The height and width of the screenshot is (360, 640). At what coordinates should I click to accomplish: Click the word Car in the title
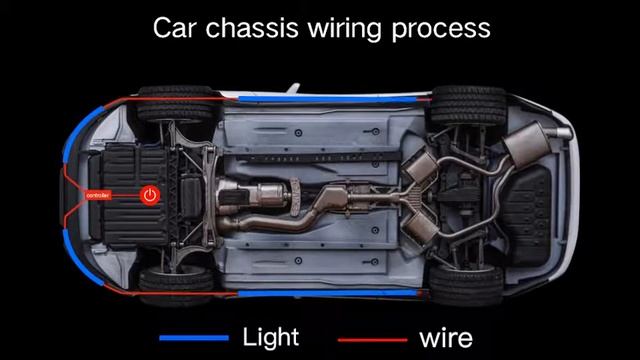(176, 27)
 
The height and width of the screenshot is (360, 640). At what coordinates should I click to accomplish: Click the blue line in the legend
(194, 338)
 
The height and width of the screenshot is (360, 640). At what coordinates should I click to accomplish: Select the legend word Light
(270, 336)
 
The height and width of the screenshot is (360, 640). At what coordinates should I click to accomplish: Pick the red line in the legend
(372, 339)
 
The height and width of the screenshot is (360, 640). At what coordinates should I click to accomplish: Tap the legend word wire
(445, 337)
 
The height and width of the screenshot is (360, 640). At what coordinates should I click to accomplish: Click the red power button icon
(150, 195)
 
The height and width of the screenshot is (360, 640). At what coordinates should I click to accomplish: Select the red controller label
(98, 195)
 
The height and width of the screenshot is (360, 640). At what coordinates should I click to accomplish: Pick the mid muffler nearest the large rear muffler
(418, 166)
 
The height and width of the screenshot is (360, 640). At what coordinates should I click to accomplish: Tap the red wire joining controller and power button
(128, 195)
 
